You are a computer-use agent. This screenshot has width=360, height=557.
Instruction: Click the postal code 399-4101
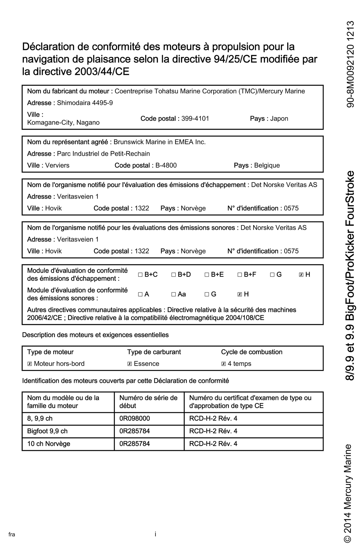[x=195, y=118]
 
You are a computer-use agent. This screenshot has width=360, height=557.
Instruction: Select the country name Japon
[x=279, y=118]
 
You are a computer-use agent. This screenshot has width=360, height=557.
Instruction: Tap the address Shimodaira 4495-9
[x=85, y=103]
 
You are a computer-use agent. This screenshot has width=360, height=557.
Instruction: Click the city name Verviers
[x=57, y=165]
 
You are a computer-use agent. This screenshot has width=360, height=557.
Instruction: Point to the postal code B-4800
[x=166, y=165]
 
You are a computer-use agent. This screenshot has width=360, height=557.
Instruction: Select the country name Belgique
[x=267, y=165]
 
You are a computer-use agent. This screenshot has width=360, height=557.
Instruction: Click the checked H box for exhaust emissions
[x=301, y=275]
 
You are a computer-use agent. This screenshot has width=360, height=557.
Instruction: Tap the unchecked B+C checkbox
[x=140, y=275]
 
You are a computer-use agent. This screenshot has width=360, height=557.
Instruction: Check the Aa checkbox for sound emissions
[x=173, y=294]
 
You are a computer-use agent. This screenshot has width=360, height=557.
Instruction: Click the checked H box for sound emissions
[x=240, y=294]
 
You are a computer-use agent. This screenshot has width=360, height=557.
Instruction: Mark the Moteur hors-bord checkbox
[x=29, y=364]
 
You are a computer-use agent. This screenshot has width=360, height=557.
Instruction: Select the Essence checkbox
[x=130, y=364]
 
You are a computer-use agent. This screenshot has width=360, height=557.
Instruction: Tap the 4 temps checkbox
[x=224, y=364]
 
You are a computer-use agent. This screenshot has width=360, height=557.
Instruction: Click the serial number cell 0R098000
[x=135, y=418]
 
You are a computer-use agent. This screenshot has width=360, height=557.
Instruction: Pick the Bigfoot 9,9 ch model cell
[x=47, y=431]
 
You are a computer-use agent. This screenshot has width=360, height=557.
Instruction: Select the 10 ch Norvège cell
[x=49, y=444]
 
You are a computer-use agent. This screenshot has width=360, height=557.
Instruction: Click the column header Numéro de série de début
[x=148, y=402]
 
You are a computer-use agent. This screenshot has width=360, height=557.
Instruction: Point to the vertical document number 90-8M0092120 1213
[x=350, y=64]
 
